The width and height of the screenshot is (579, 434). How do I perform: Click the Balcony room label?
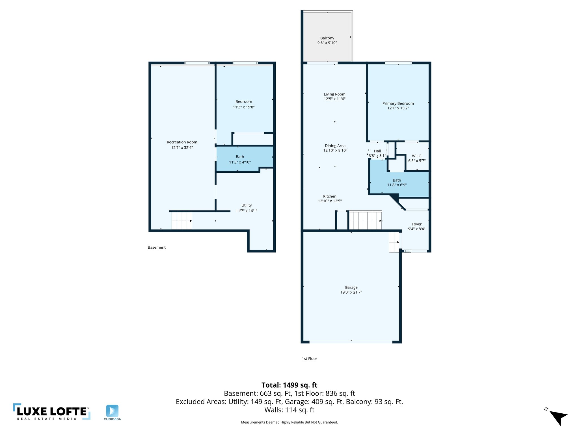(327, 38)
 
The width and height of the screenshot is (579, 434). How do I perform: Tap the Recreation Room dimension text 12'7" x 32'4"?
(182, 147)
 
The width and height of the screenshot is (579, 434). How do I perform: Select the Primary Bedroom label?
(398, 103)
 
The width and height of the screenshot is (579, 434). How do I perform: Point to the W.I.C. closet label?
(417, 156)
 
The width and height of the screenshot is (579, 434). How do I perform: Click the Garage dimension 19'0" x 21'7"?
(351, 292)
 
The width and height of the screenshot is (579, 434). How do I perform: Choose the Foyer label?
(416, 224)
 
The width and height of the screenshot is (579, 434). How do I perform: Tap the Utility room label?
(246, 205)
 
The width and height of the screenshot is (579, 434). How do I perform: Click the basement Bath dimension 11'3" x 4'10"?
(240, 162)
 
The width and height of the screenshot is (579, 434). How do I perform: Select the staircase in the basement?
(182, 221)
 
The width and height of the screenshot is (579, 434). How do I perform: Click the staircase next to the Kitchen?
(365, 220)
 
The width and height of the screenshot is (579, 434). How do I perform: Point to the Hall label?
(377, 151)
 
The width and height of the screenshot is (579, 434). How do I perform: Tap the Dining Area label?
(335, 146)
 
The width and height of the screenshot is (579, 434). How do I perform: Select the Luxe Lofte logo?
(52, 412)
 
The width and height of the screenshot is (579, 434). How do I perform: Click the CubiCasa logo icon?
(112, 411)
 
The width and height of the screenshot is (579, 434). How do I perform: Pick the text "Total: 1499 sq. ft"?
(289, 385)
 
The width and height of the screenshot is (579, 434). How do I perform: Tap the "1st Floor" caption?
(309, 359)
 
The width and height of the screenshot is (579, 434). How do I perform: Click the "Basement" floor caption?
(157, 248)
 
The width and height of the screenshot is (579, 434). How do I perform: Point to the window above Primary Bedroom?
(398, 63)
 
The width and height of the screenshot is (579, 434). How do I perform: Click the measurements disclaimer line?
(289, 422)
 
